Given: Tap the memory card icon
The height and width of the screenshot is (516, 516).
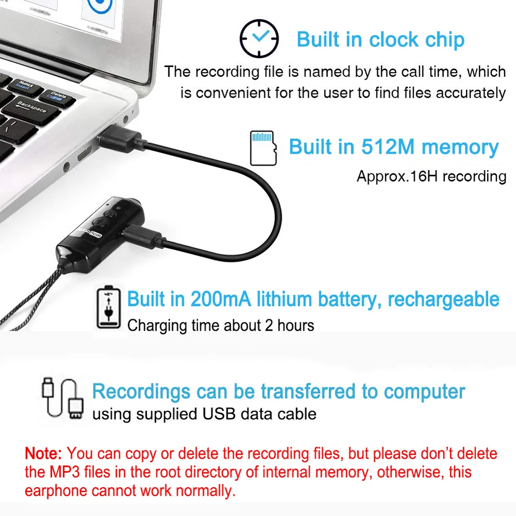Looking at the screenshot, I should (x=263, y=148).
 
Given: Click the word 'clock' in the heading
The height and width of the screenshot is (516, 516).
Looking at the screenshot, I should (x=400, y=40).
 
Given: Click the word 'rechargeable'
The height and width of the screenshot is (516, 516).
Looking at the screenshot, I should (x=443, y=299).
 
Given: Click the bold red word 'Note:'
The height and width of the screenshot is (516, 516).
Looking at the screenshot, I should (x=44, y=454).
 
